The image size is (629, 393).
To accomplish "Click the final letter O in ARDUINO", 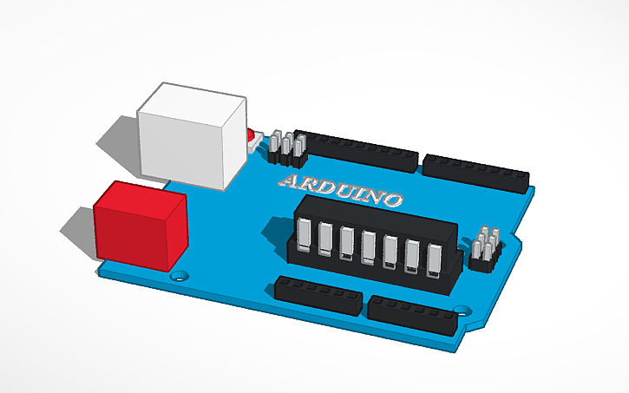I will pos(390,200).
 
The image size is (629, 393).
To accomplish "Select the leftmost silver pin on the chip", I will pos(305,234).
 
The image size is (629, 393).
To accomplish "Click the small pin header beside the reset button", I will pos(285,147).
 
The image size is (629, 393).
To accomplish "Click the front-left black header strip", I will pos(318,295).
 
